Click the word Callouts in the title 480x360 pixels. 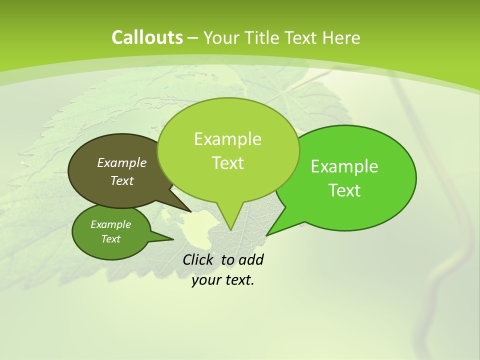tap(147, 37)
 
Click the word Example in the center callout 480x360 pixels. tap(227, 139)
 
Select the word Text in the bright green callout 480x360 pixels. tap(344, 190)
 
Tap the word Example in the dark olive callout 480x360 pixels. tap(122, 162)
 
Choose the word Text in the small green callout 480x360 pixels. tap(110, 239)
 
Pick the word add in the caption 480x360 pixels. tap(250, 259)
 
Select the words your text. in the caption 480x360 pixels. tap(223, 280)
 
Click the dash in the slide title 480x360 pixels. tap(193, 37)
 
